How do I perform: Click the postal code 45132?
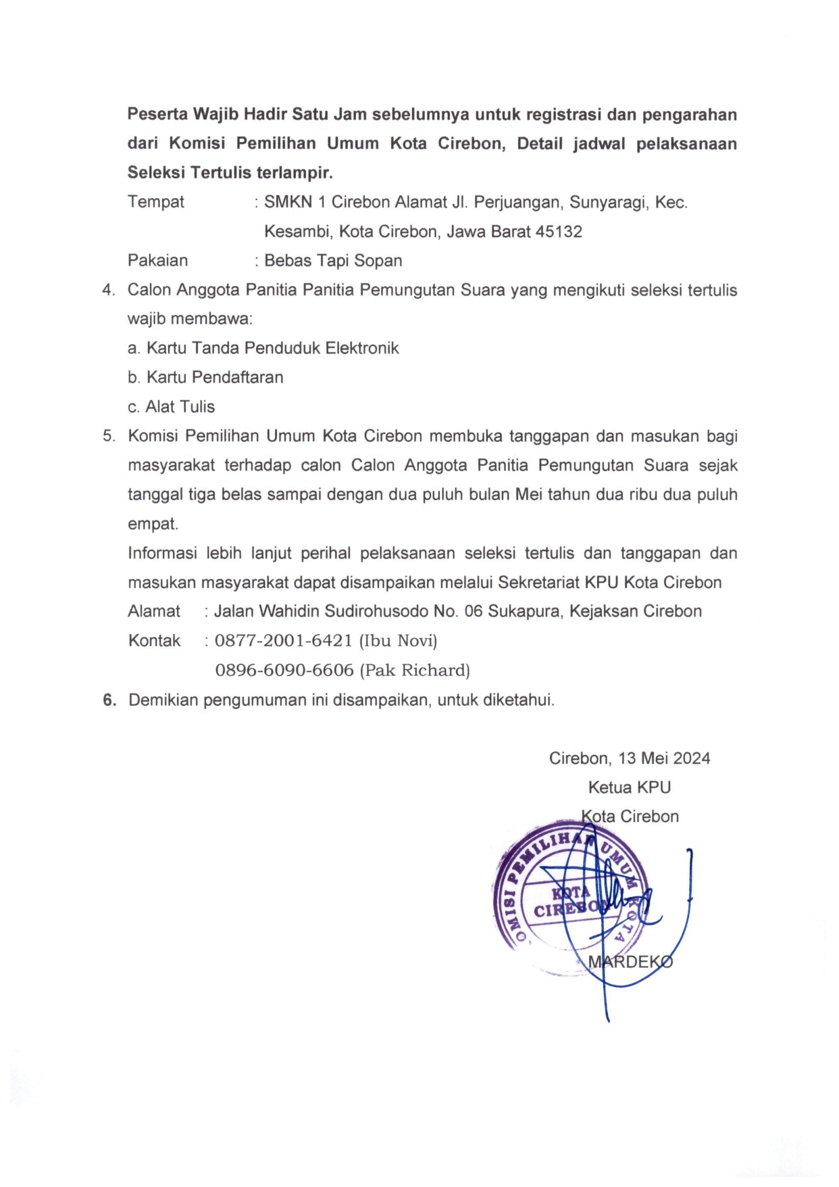tap(559, 232)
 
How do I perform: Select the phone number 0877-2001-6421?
tap(283, 641)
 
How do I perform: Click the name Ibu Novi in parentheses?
tap(398, 641)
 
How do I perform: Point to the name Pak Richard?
tap(415, 671)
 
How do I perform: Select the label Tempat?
tap(156, 202)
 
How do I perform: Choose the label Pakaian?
tap(158, 261)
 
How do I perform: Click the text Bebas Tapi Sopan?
tap(333, 261)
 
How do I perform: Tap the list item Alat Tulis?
tap(180, 407)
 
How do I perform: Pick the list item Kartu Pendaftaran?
tap(215, 377)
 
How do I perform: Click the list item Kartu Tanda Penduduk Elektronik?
tap(272, 348)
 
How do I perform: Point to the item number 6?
tap(109, 700)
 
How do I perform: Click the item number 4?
tap(109, 291)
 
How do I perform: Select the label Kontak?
tap(155, 641)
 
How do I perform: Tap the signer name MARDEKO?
tap(630, 962)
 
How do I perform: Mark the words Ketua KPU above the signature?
tap(629, 788)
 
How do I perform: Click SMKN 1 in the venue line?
tap(293, 202)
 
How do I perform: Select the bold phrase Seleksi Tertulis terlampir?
tap(230, 173)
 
